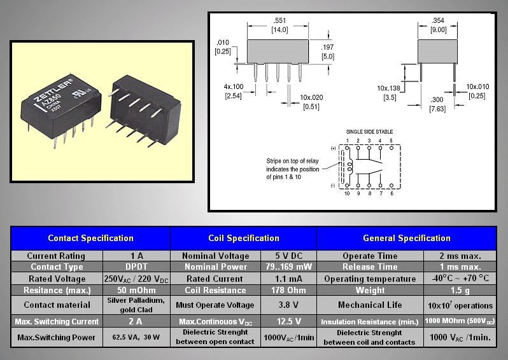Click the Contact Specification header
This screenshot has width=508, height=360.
tap(90, 239)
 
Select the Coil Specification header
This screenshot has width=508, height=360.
tap(243, 239)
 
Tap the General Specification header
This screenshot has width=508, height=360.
tap(406, 239)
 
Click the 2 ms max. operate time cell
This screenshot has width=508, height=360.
tap(460, 256)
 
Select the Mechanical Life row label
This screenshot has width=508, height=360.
tap(370, 305)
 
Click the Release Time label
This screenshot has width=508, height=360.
tap(370, 267)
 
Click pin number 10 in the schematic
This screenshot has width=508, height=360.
tap(347, 193)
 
